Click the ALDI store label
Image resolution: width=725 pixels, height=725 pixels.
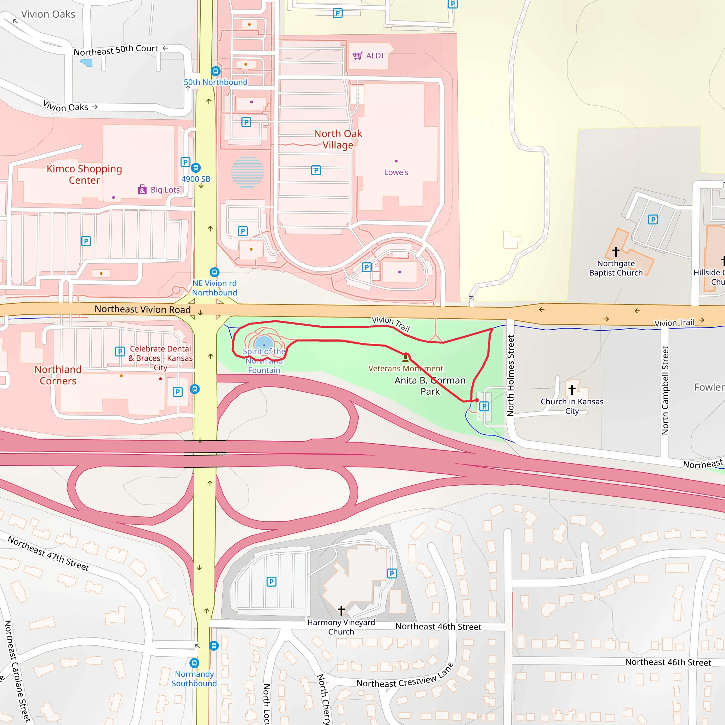(374, 56)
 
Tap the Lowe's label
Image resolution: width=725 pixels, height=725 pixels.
(396, 172)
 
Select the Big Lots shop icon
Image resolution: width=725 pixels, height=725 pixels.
(142, 189)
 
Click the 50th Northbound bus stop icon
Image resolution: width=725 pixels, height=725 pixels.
(215, 71)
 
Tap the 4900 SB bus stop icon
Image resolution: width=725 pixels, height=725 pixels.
(195, 168)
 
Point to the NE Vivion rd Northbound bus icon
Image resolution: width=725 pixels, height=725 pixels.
(214, 272)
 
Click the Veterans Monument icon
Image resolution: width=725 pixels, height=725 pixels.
(405, 357)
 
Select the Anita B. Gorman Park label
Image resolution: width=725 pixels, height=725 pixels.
(430, 386)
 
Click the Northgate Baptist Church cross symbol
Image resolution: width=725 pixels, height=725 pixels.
(616, 251)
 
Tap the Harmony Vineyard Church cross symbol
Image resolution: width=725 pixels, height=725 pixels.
(341, 611)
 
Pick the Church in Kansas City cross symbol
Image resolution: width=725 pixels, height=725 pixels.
(572, 389)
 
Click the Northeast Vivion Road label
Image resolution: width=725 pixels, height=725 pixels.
(143, 309)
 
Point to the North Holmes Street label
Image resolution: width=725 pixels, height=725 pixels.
(510, 376)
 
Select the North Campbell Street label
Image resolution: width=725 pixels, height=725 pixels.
(665, 390)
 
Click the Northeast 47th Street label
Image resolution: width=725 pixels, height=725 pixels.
(48, 554)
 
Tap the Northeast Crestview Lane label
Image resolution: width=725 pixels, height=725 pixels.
(405, 676)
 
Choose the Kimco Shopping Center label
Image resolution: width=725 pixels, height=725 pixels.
(85, 175)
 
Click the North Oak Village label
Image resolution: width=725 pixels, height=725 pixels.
(338, 139)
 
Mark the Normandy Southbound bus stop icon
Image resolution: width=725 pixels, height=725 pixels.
(194, 663)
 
